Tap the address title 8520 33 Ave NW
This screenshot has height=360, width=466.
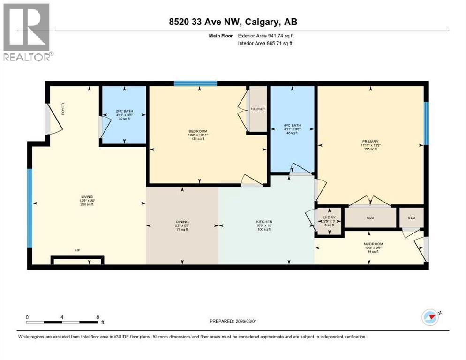[233, 22]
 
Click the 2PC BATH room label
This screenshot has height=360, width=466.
[124, 111]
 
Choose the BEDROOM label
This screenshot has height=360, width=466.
[198, 131]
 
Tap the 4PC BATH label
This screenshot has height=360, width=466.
[292, 125]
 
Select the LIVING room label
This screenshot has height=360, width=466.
[87, 196]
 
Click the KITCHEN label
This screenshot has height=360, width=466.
[264, 222]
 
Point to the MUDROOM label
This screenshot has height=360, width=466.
[373, 244]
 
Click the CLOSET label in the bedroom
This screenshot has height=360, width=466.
[258, 109]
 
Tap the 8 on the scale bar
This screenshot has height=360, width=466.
[98, 317]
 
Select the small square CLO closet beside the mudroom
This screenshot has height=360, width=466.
[412, 217]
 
